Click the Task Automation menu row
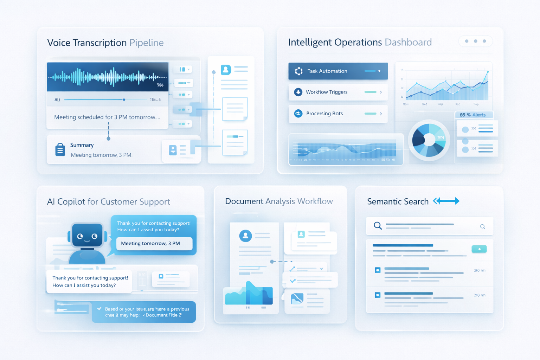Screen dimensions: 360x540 click(337, 71)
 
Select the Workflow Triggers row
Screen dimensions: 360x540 click(337, 92)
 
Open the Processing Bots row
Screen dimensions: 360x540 click(337, 114)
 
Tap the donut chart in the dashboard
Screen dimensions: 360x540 click(429, 140)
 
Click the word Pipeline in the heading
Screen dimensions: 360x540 click(146, 43)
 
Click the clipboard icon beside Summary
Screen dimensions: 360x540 click(60, 150)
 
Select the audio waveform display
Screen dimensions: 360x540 click(108, 77)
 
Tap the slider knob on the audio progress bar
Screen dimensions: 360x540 click(124, 99)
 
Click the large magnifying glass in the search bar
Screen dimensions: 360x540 click(378, 226)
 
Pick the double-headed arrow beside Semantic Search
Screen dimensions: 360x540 click(446, 201)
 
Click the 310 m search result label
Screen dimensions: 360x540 click(480, 270)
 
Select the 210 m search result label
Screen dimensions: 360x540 click(480, 295)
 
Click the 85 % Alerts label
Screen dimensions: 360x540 click(473, 115)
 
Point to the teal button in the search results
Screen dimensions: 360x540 click(479, 249)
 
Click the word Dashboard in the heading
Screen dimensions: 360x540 click(408, 43)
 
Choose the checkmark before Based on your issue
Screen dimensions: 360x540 click(99, 309)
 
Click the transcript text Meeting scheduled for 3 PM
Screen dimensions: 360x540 click(107, 117)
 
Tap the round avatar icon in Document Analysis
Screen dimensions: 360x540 click(245, 236)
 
